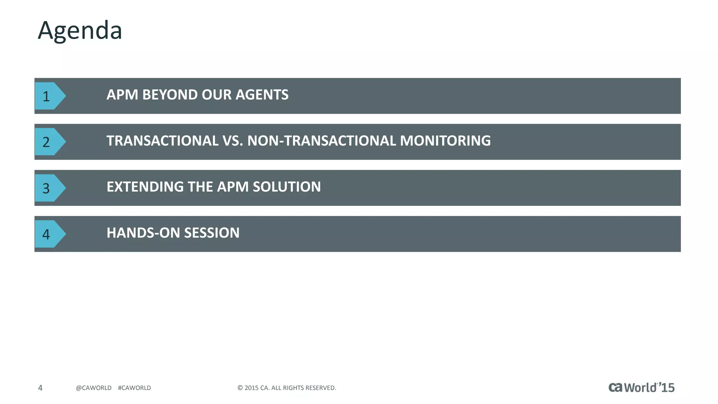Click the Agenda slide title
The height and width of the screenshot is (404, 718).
(x=80, y=31)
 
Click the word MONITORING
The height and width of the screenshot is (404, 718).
(x=445, y=141)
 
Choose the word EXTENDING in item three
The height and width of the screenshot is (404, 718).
(x=145, y=187)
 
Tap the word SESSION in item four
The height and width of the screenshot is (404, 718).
(x=212, y=233)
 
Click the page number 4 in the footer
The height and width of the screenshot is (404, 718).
(x=40, y=388)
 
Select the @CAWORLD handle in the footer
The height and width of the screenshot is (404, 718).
(x=94, y=388)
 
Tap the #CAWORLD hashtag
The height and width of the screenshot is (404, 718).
(x=134, y=388)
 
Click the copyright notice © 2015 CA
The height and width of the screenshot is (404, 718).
(x=286, y=388)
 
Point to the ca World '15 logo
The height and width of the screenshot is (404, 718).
(x=641, y=388)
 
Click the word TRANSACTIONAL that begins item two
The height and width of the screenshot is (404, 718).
(x=163, y=141)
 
